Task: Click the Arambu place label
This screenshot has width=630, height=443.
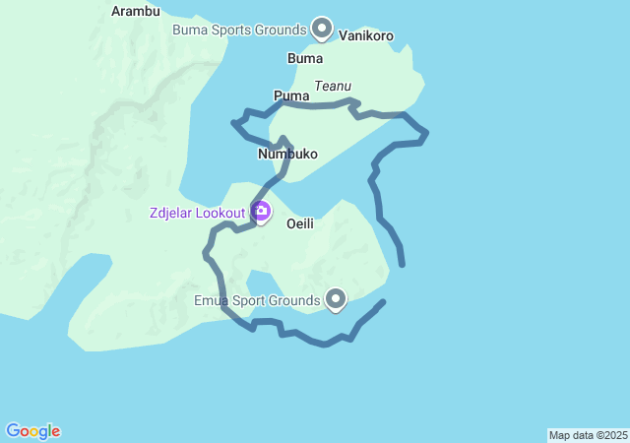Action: pyautogui.click(x=136, y=11)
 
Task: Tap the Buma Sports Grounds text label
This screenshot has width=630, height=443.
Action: pyautogui.click(x=239, y=30)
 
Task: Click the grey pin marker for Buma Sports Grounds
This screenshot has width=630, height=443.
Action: pyautogui.click(x=321, y=28)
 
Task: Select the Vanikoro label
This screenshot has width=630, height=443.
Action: pyautogui.click(x=366, y=36)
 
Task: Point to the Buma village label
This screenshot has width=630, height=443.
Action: pyautogui.click(x=304, y=59)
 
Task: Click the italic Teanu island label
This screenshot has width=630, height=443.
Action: pyautogui.click(x=333, y=87)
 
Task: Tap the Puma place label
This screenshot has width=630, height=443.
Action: pyautogui.click(x=291, y=96)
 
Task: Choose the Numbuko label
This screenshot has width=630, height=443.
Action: pyautogui.click(x=286, y=156)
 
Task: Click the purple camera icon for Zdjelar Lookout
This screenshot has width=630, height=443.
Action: pyautogui.click(x=261, y=211)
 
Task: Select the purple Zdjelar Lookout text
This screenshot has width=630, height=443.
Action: pyautogui.click(x=197, y=213)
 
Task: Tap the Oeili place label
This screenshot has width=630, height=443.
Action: pyautogui.click(x=300, y=224)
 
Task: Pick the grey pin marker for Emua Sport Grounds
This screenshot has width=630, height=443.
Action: pyautogui.click(x=336, y=298)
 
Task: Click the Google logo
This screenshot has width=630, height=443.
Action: pyautogui.click(x=32, y=431)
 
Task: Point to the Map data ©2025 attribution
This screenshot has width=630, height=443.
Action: pyautogui.click(x=588, y=435)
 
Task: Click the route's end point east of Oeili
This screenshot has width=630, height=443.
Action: pyautogui.click(x=402, y=264)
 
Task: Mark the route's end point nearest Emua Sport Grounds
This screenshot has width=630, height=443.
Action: pyautogui.click(x=383, y=301)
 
